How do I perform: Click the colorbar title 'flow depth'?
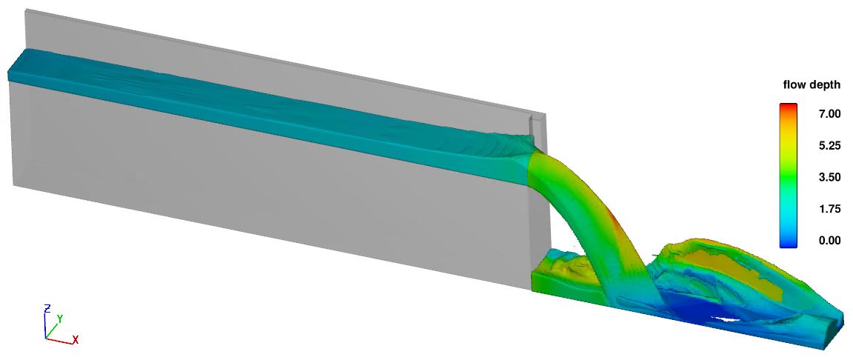812,85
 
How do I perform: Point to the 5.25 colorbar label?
829,146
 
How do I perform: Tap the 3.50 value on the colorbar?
829,177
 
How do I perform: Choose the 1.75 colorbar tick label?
829,209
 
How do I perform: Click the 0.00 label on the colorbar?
829,240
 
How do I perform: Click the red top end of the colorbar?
789,107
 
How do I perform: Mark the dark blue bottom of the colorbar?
789,244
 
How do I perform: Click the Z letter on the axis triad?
47,308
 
